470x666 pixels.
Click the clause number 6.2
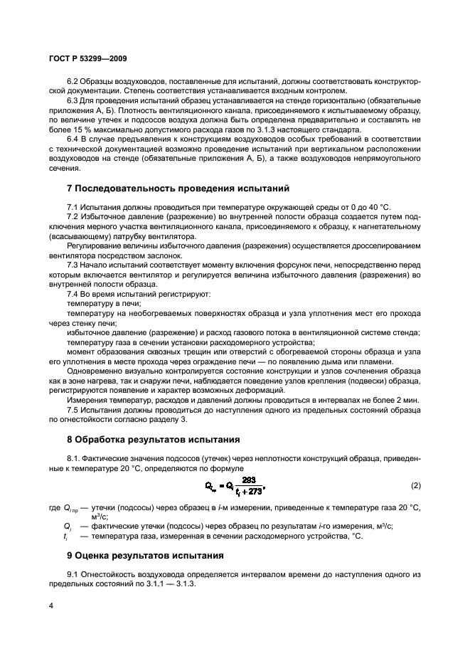73,82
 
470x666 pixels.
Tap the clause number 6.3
73,101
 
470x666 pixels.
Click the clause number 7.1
73,207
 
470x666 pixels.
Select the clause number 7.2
73,216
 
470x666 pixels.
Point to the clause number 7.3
73,265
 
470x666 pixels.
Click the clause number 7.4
73,294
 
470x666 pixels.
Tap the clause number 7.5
73,410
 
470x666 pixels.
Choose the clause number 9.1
73,573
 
